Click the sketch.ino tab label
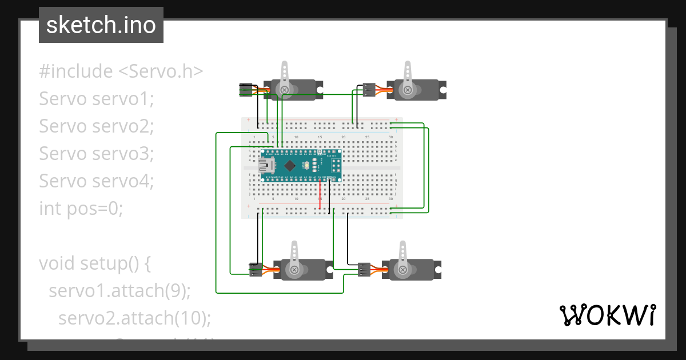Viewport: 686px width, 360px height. pos(101,25)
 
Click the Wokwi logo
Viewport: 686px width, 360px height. pos(607,315)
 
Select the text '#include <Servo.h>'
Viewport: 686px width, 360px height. pos(121,71)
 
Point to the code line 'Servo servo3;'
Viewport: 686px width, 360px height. pos(97,154)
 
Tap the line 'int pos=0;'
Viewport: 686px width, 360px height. pos(81,209)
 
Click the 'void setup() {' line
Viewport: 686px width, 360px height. pos(95,263)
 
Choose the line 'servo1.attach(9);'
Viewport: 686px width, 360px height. pos(119,291)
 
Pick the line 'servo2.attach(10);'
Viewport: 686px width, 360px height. pos(135,318)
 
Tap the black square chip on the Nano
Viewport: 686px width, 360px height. pos(291,166)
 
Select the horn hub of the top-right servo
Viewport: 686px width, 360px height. pos(408,89)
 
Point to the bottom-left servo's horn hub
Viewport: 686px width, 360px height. pos(294,269)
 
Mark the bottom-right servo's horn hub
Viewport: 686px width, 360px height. pos(402,269)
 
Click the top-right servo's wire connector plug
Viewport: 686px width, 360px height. pos(369,89)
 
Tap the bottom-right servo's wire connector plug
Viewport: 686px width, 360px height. pos(364,269)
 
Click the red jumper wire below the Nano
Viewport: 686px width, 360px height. pos(320,194)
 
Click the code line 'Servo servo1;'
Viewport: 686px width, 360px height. pos(97,99)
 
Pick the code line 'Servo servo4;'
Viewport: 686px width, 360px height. pos(97,181)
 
